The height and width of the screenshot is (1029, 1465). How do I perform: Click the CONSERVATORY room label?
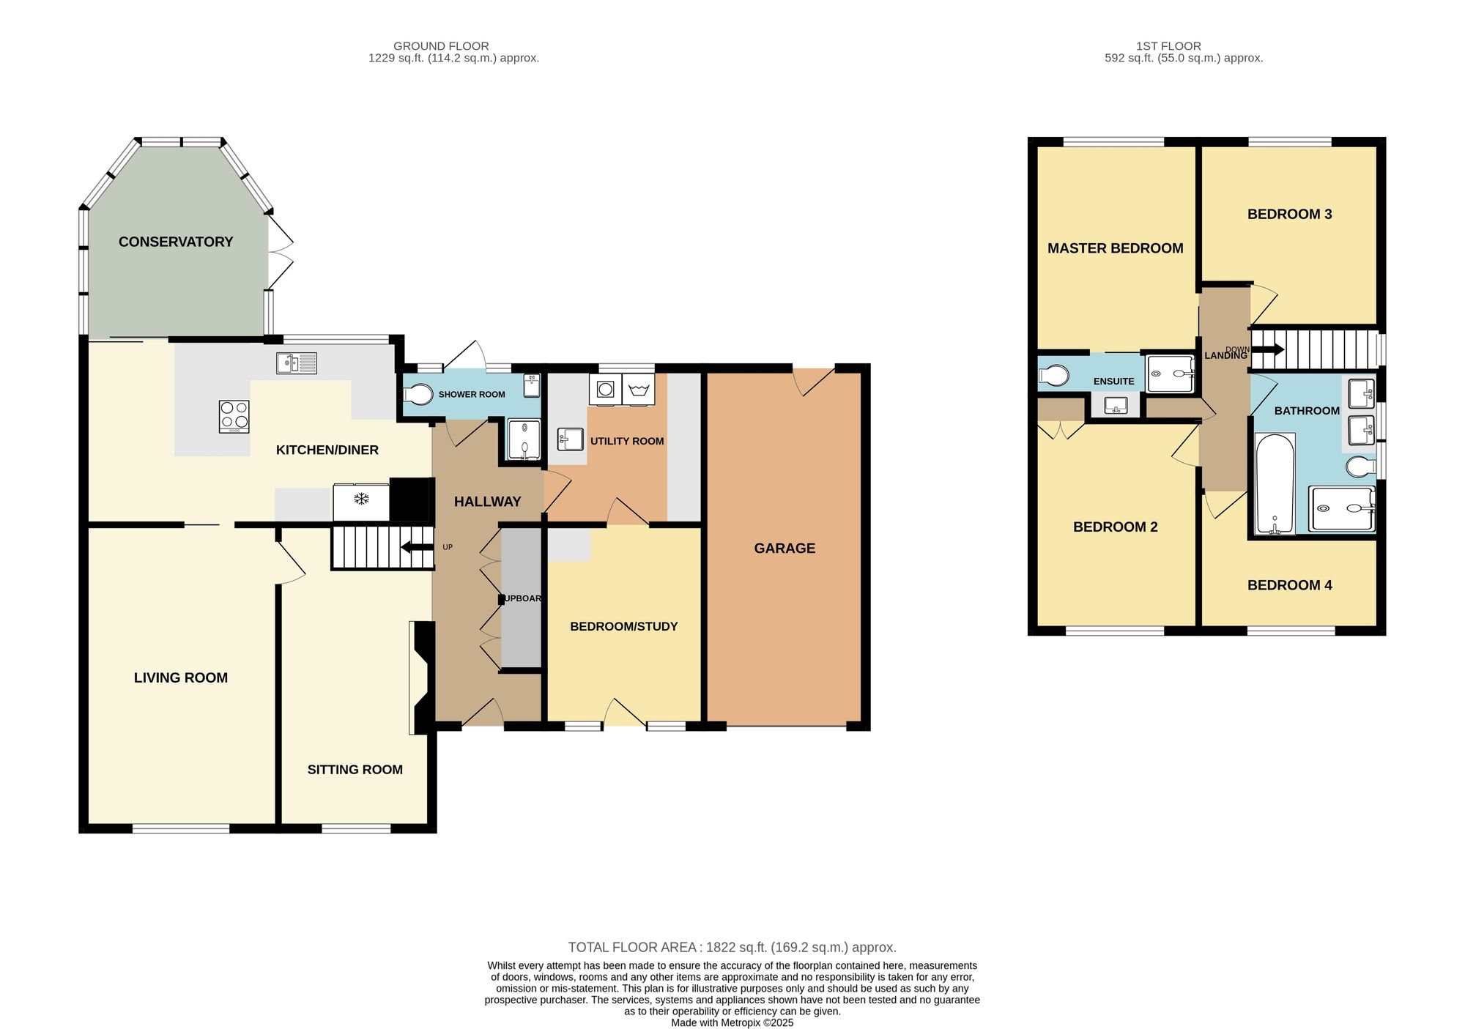176,242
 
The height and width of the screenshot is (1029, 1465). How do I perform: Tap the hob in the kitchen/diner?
234,416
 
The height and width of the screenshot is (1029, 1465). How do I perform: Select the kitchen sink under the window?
297,363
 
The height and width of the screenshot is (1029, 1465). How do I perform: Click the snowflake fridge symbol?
361,499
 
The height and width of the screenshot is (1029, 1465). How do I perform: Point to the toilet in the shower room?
418,394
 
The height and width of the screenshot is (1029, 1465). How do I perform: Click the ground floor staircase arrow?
417,547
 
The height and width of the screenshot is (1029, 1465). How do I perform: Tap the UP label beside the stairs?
448,547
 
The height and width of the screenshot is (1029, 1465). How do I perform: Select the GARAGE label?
785,548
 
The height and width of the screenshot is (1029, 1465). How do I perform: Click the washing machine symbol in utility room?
605,390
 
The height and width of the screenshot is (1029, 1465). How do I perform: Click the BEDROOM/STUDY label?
623,626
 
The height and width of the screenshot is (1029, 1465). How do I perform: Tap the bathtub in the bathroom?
1275,483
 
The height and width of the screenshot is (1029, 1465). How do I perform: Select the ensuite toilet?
1053,376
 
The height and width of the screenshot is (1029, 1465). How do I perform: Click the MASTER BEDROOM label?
1115,248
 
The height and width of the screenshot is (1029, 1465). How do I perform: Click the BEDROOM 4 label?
1289,585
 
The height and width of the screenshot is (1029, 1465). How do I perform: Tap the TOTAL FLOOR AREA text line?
732,947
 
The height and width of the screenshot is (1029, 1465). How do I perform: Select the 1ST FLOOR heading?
1168,46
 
